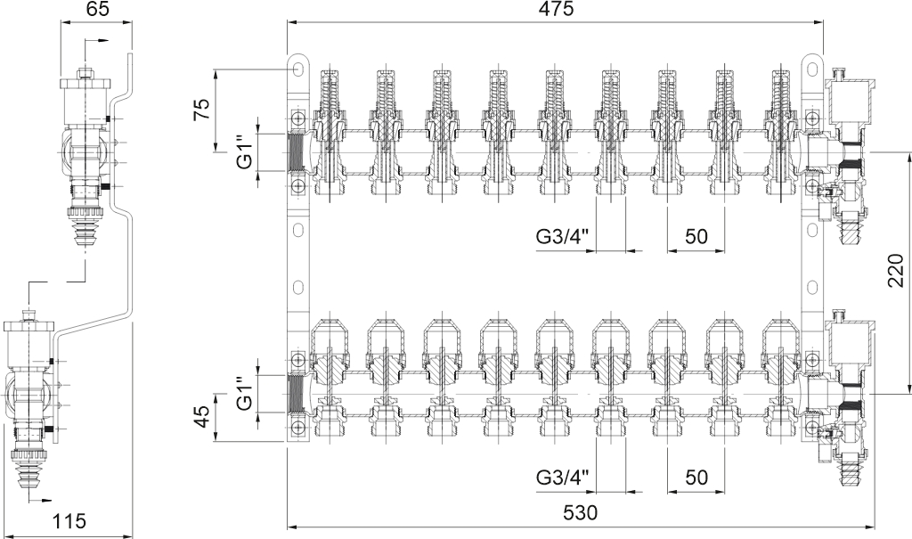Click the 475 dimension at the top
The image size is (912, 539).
(555, 9)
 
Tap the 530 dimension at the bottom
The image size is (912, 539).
(580, 513)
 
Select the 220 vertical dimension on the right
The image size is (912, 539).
(896, 271)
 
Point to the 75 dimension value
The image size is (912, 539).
(200, 109)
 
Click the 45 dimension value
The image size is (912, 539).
(200, 416)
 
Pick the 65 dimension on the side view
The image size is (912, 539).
(96, 9)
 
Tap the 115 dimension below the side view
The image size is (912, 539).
(69, 521)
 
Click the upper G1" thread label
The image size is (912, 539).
(246, 152)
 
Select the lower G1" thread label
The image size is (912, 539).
(246, 393)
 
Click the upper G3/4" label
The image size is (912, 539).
(563, 236)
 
